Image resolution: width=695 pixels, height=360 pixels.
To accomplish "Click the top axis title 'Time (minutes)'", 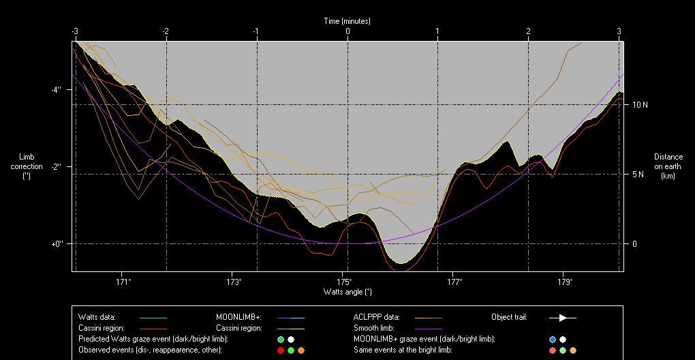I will (x=347, y=21).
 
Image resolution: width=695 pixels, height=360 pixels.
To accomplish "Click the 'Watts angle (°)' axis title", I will (x=347, y=292).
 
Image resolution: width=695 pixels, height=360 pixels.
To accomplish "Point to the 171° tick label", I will (x=123, y=282).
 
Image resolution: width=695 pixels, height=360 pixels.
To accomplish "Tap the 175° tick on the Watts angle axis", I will (x=344, y=282).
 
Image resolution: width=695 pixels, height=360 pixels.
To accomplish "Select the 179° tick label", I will (x=564, y=282).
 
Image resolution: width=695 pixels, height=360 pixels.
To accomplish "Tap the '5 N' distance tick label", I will (x=638, y=175).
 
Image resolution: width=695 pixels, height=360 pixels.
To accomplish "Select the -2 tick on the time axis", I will (x=165, y=31).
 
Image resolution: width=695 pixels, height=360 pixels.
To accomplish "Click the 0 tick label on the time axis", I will (x=347, y=31).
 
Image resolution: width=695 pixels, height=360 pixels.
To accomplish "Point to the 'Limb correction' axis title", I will (x=27, y=166).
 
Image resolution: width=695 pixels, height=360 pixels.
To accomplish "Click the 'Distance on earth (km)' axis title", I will (x=668, y=166).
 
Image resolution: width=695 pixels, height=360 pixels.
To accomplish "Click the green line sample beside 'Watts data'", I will (x=153, y=318).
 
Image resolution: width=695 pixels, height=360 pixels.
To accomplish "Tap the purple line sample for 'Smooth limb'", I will (x=429, y=328).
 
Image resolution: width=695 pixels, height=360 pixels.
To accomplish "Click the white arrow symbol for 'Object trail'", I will (x=563, y=318).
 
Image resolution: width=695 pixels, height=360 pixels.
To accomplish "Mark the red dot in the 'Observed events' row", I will (x=280, y=350).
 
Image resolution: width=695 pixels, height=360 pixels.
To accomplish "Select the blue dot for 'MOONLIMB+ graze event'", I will (x=553, y=339).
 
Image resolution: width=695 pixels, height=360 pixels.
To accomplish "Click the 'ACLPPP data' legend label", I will (x=376, y=317).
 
